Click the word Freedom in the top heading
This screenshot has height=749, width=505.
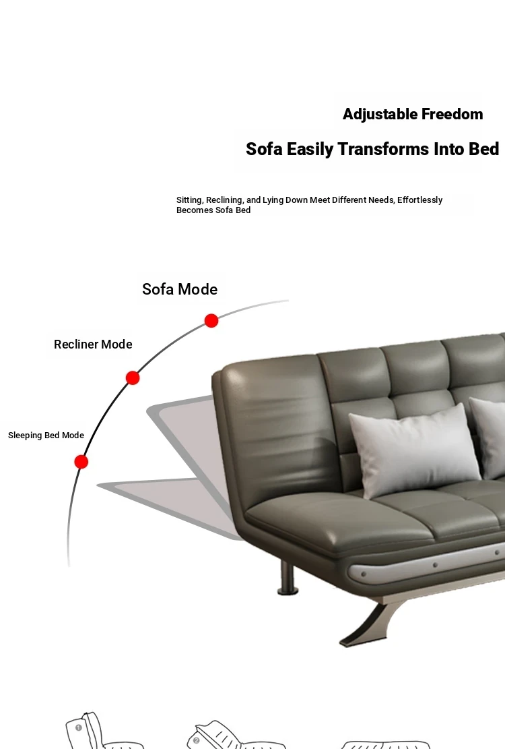[452, 114]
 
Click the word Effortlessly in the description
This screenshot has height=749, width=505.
[419, 200]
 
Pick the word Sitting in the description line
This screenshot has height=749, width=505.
[189, 200]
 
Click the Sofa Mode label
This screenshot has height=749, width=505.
[180, 289]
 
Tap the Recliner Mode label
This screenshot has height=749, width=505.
[93, 344]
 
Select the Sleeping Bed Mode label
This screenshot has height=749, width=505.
[46, 435]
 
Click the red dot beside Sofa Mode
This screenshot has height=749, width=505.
[211, 320]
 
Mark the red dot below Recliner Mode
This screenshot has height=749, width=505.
[133, 378]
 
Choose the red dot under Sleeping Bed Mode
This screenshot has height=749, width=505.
[81, 462]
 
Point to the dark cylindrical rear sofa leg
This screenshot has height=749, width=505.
[288, 578]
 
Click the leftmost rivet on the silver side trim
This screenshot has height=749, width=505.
[364, 574]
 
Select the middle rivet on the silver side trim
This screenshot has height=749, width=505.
[435, 565]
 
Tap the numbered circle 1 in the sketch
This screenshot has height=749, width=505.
[79, 727]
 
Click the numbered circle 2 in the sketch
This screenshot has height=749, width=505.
[196, 740]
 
